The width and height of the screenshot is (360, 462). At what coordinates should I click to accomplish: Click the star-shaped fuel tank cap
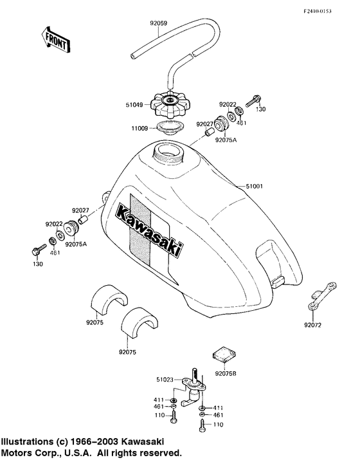click(170, 100)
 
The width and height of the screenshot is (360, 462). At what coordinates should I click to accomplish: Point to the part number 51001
click(256, 187)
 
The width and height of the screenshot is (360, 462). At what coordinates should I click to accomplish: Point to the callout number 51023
click(163, 381)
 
